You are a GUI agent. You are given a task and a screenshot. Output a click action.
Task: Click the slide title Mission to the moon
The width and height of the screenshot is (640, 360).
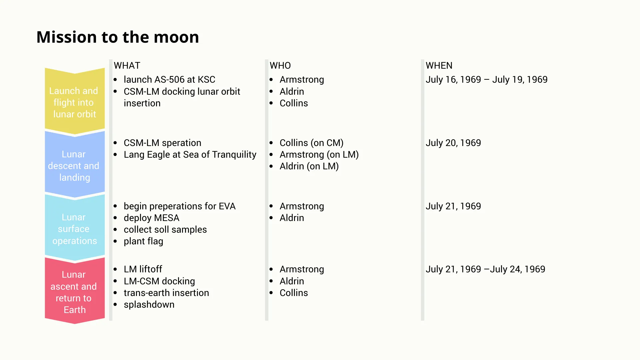coord(118,37)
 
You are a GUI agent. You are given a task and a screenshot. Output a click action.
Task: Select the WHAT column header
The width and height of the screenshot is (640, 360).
coord(127,66)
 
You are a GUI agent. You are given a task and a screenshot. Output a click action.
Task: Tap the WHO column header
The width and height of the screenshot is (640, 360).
coord(280,66)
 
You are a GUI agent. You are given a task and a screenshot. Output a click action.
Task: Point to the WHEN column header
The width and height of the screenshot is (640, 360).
coord(439,66)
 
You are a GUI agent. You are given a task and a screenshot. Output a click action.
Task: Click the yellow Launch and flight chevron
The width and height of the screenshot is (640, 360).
coord(75,101)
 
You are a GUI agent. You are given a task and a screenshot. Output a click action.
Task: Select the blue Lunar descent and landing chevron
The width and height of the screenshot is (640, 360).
coord(75,164)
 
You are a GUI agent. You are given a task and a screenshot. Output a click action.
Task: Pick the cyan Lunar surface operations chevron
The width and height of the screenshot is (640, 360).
coord(75,228)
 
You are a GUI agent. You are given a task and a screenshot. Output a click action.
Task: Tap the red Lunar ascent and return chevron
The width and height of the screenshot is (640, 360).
coord(75,291)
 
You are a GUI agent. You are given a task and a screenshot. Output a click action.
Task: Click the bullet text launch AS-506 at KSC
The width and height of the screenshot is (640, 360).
coord(169,80)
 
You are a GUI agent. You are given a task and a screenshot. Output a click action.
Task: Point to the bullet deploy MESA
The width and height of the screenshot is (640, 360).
coord(151,218)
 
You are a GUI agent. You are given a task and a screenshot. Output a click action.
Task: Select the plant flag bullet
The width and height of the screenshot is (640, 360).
coord(143,241)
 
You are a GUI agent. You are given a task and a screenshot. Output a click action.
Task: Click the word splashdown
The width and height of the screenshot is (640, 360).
coord(149,305)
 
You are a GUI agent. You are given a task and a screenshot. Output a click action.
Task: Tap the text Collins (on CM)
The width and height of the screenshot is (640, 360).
coord(311,143)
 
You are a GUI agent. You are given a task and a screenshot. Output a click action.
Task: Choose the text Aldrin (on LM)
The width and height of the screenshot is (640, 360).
coord(309,166)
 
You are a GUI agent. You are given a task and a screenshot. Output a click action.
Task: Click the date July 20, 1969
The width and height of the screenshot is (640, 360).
coord(453,143)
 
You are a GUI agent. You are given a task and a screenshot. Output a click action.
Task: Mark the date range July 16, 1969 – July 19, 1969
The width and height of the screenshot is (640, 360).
coord(487,80)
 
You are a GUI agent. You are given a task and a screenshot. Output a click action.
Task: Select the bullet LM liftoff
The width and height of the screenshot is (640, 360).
coord(143,269)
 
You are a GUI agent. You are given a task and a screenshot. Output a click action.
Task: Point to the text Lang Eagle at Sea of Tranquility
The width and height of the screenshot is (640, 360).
coord(190,155)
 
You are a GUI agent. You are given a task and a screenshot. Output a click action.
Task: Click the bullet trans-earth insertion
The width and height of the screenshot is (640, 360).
coord(166,293)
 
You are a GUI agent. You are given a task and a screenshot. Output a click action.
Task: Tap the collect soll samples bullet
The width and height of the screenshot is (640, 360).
coord(165,230)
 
